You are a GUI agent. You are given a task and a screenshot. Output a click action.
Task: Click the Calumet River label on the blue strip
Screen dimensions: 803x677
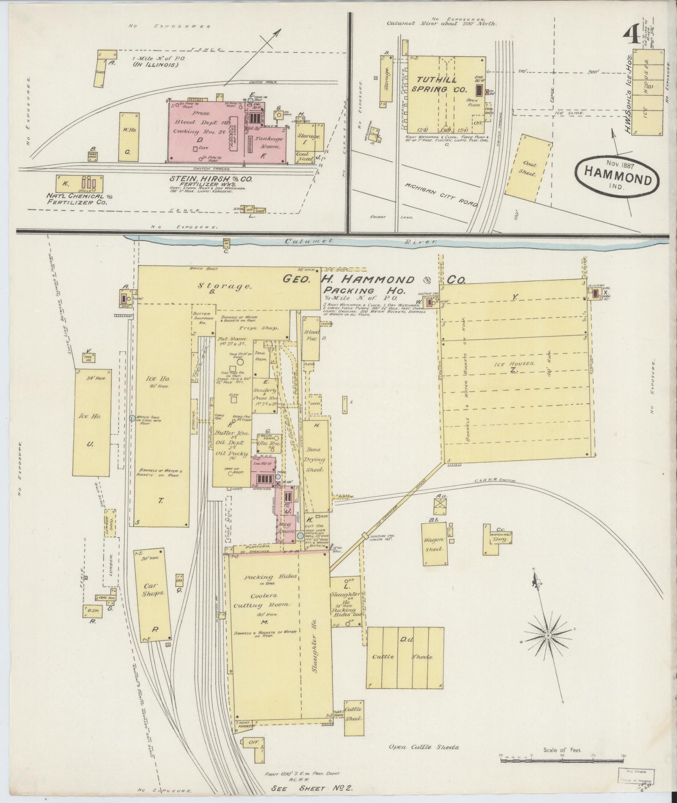361,241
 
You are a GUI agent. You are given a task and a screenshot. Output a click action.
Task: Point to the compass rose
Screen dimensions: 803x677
547,635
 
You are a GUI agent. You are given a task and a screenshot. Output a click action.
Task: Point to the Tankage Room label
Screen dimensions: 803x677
268,142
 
